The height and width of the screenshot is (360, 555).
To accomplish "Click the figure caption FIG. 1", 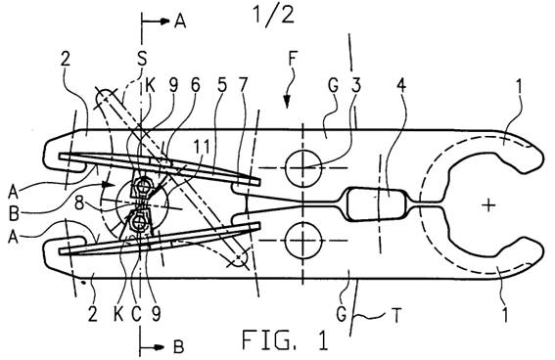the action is pos(285,339).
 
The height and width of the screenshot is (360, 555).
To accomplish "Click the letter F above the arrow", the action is pos(292,60).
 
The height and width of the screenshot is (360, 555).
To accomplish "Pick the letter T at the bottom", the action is pos(396,315).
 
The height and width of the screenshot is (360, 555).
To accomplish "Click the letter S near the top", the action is pos(142,60).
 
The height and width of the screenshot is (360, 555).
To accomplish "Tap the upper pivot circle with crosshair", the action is pos(303,167).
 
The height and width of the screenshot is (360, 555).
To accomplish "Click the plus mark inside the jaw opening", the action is pos(488,204).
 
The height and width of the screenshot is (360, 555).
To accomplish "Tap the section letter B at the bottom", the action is pos(179,347).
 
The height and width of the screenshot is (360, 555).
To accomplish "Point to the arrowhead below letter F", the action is pos(287,102).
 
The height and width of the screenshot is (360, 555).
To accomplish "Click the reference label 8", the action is pos(80,204).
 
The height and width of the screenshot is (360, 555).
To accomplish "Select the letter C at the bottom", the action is pos(137,313).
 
